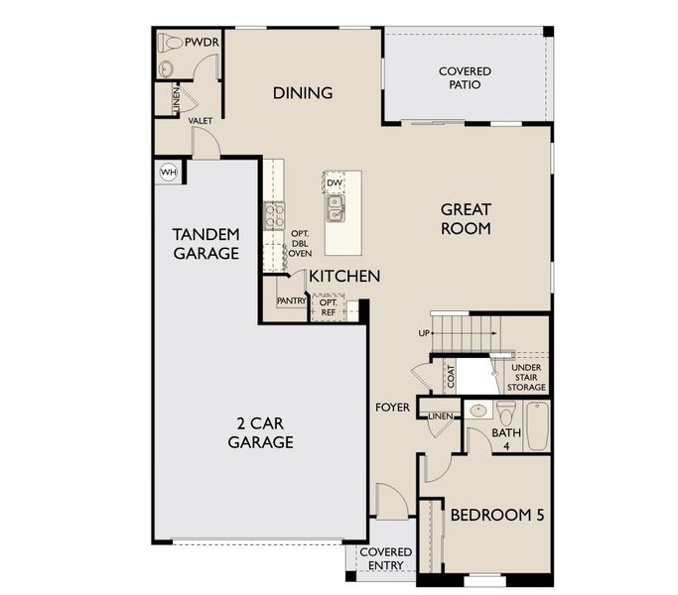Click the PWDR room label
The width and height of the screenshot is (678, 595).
pyautogui.click(x=205, y=43)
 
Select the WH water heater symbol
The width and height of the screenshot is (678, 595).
pyautogui.click(x=168, y=172)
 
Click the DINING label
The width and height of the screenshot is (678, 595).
pyautogui.click(x=302, y=93)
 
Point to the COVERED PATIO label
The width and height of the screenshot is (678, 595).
pyautogui.click(x=465, y=78)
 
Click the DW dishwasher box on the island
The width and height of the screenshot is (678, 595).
pyautogui.click(x=335, y=183)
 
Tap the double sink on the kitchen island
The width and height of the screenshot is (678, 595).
pyautogui.click(x=336, y=207)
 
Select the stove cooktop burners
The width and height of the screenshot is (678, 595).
pyautogui.click(x=274, y=215)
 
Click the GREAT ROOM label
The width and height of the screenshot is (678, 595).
pyautogui.click(x=466, y=218)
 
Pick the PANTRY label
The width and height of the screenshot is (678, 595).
pyautogui.click(x=292, y=300)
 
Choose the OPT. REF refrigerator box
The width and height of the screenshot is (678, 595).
pyautogui.click(x=328, y=307)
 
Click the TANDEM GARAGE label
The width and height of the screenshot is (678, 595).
pyautogui.click(x=205, y=243)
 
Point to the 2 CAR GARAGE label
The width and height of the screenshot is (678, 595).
pyautogui.click(x=260, y=432)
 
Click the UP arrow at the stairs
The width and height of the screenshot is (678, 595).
pyautogui.click(x=424, y=333)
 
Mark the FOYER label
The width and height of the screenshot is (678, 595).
pyautogui.click(x=392, y=408)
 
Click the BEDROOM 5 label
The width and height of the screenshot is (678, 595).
pyautogui.click(x=496, y=516)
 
